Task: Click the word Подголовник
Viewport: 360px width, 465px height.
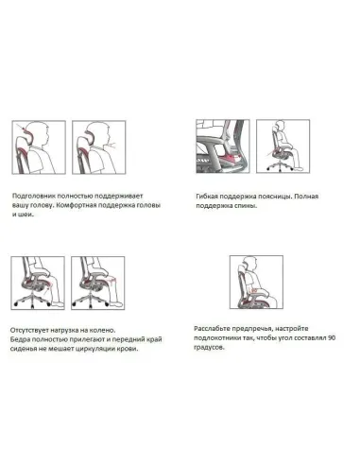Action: click(40, 190)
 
